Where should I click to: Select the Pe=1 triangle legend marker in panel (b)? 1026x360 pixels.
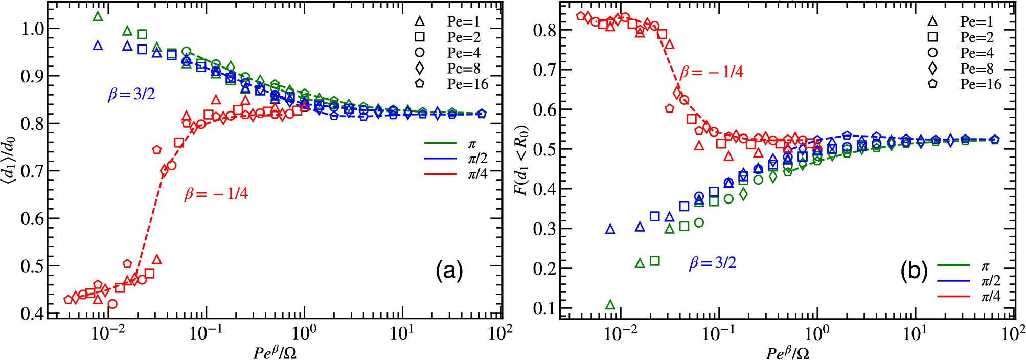(x=932, y=21)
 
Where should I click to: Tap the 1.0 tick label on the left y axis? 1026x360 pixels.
(x=32, y=29)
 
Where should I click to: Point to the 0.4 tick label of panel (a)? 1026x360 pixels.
(x=32, y=313)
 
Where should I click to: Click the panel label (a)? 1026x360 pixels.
(x=449, y=271)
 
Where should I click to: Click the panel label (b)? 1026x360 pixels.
(x=914, y=272)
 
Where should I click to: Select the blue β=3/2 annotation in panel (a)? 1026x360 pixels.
(x=131, y=95)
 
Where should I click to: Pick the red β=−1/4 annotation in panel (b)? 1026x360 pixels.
(x=711, y=72)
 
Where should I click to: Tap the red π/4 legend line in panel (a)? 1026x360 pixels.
(x=440, y=174)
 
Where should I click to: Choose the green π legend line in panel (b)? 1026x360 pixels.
(x=953, y=265)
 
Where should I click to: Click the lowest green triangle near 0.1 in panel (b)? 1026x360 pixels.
(x=610, y=305)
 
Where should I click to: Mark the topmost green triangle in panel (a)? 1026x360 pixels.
(x=98, y=16)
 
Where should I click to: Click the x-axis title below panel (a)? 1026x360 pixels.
(x=275, y=352)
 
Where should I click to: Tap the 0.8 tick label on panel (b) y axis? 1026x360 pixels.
(x=544, y=30)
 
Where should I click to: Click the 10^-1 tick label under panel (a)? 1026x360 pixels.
(x=206, y=333)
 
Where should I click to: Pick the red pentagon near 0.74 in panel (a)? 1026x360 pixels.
(x=157, y=150)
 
